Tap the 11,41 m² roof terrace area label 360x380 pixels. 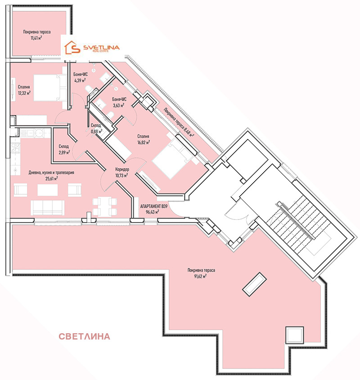37,35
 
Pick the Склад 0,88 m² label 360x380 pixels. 96,129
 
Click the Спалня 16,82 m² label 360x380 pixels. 143,139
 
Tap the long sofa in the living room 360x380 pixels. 48,207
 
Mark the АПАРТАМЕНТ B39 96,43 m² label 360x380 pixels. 153,208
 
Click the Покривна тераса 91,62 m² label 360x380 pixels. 201,273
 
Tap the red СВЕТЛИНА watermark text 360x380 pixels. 85,336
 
